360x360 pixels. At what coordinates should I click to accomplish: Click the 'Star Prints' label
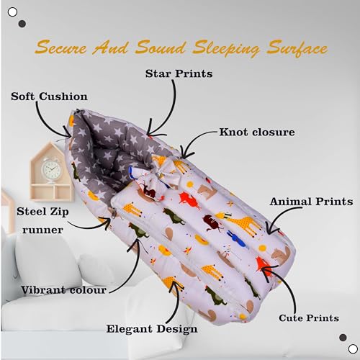click(179, 73)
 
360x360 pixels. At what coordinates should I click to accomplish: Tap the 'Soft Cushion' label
click(49, 96)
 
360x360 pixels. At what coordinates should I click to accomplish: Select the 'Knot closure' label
click(257, 132)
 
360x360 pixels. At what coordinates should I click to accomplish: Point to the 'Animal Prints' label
click(311, 202)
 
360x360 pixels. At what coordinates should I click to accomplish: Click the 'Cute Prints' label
click(309, 318)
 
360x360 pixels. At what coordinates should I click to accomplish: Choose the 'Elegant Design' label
click(152, 329)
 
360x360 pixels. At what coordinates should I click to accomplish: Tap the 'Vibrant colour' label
click(63, 290)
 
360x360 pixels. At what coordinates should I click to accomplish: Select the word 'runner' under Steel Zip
click(42, 230)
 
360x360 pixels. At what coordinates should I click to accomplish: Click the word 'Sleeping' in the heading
click(226, 48)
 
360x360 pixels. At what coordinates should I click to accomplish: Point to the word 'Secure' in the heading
click(60, 47)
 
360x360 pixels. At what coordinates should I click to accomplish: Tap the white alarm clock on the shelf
click(51, 170)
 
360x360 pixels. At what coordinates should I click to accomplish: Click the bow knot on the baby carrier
click(158, 176)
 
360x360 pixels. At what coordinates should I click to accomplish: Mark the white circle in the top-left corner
click(12, 12)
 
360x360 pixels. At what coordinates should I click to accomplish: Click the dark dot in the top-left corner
click(22, 24)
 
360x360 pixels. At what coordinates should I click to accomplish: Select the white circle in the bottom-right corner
click(353, 348)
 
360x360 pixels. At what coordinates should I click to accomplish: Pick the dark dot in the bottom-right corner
click(343, 338)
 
